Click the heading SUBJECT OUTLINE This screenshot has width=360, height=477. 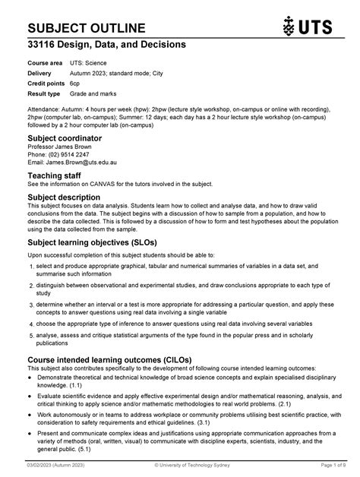(x=87, y=28)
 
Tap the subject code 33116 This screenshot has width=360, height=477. (x=44, y=46)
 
